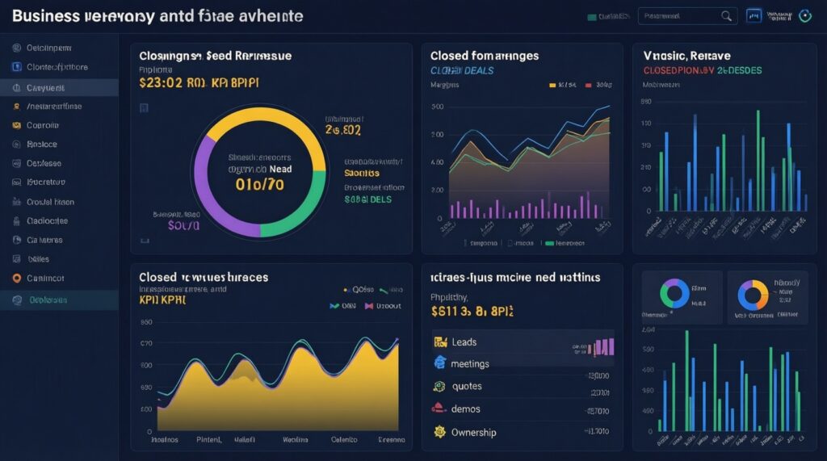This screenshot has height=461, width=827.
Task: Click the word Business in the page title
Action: coord(46,15)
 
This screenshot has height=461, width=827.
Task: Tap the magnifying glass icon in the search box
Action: coord(726,15)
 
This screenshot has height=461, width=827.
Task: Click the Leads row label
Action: coord(465,342)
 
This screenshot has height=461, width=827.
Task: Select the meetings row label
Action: coord(471,363)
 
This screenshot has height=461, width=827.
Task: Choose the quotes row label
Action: coord(467,386)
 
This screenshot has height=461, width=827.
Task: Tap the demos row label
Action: coord(466,409)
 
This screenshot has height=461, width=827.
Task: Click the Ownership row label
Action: coord(474,432)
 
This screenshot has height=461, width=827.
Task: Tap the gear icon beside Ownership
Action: coord(440,432)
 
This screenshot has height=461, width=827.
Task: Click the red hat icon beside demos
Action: coord(439,409)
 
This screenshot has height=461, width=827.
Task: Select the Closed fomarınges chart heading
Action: coord(485,56)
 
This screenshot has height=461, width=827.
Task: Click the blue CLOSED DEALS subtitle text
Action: coord(462,71)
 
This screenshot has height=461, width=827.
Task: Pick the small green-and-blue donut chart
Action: coord(674,294)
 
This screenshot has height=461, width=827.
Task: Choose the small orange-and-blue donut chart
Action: coord(753,295)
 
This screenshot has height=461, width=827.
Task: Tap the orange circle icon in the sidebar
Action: coord(16,279)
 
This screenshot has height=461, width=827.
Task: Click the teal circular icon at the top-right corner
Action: coord(804,15)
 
